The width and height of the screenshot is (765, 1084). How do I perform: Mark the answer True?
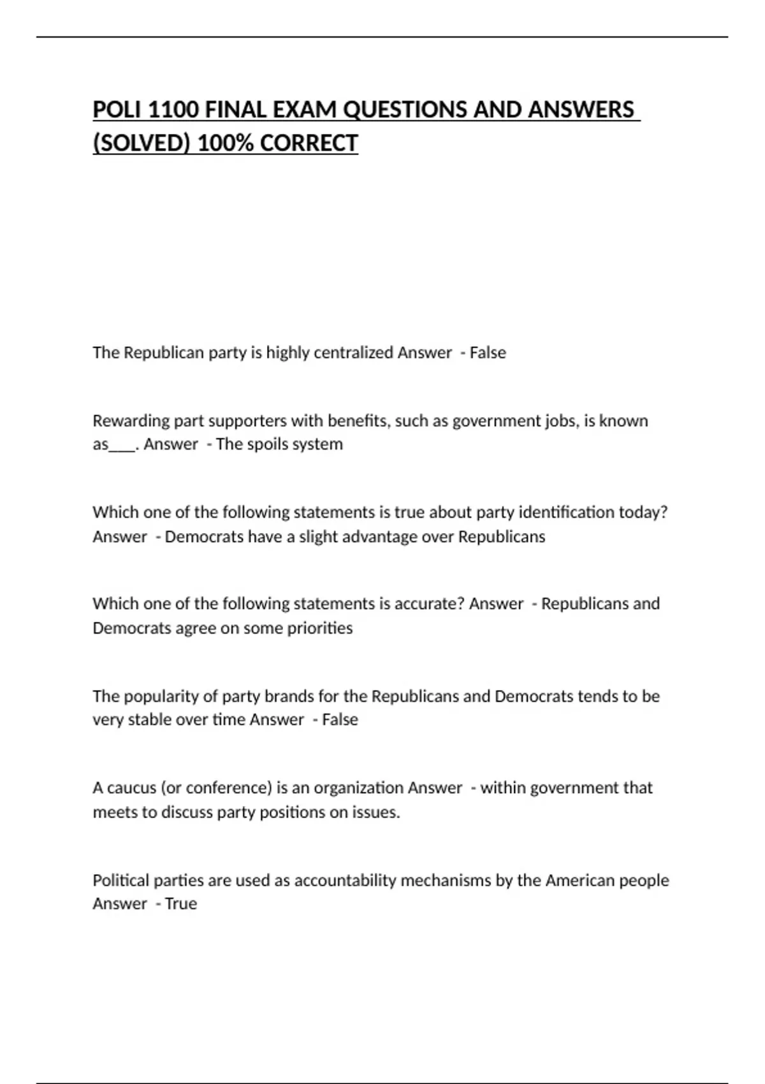(181, 904)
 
